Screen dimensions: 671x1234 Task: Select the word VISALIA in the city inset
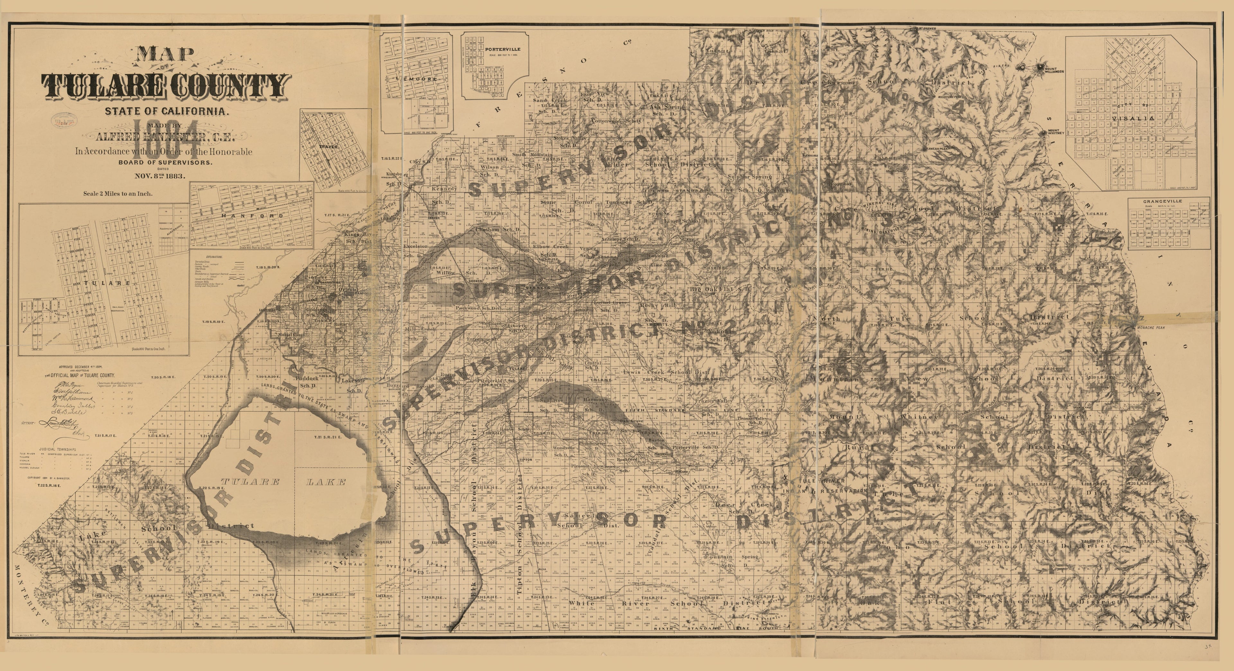[1135, 118]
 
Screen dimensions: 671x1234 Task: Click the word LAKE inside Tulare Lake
[325, 482]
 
